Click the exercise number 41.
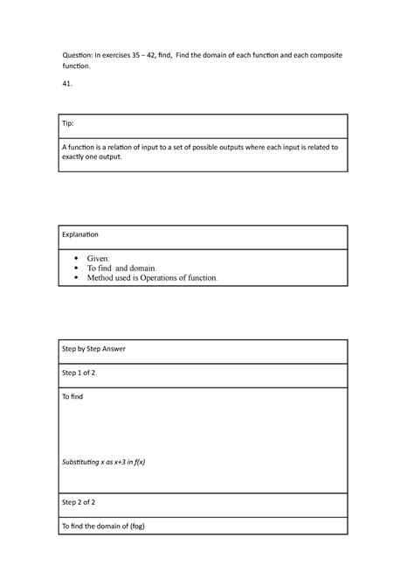(x=66, y=83)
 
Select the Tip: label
(x=68, y=123)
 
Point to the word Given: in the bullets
(x=100, y=259)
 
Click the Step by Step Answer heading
(x=93, y=349)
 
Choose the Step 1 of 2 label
(x=79, y=374)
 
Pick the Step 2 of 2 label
(x=79, y=502)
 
